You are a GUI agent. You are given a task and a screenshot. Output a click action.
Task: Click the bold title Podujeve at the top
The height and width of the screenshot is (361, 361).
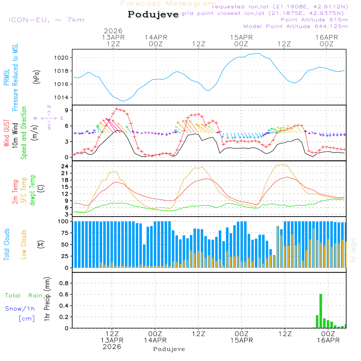(x=153, y=14)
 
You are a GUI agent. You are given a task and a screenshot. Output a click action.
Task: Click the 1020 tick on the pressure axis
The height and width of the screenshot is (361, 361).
(x=62, y=57)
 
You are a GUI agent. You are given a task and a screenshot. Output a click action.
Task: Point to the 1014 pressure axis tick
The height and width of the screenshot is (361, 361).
(x=62, y=97)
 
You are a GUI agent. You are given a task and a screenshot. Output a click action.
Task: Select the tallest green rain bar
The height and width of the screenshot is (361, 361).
(x=321, y=311)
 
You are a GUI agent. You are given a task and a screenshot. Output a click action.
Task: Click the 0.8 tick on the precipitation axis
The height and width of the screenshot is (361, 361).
(x=63, y=283)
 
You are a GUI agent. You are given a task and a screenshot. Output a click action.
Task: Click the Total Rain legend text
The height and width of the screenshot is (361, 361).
(x=23, y=296)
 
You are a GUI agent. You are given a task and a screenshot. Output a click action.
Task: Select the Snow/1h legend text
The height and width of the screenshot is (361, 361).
(x=20, y=309)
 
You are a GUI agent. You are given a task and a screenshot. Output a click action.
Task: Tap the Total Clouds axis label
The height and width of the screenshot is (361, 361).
(x=7, y=244)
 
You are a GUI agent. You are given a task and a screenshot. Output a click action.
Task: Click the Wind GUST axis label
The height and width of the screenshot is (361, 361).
(x=7, y=134)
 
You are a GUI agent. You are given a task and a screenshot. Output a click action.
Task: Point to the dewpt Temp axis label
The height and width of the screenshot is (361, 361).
(x=32, y=190)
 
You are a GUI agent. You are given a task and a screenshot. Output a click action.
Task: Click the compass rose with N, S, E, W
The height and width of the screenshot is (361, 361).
(x=49, y=118)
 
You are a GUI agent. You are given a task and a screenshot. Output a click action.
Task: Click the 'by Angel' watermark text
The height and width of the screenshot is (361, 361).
(x=353, y=251)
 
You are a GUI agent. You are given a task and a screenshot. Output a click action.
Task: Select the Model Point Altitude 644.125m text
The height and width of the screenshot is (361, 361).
(x=296, y=26)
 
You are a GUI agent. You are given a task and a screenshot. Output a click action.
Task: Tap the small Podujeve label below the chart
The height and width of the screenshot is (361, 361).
(x=169, y=349)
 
